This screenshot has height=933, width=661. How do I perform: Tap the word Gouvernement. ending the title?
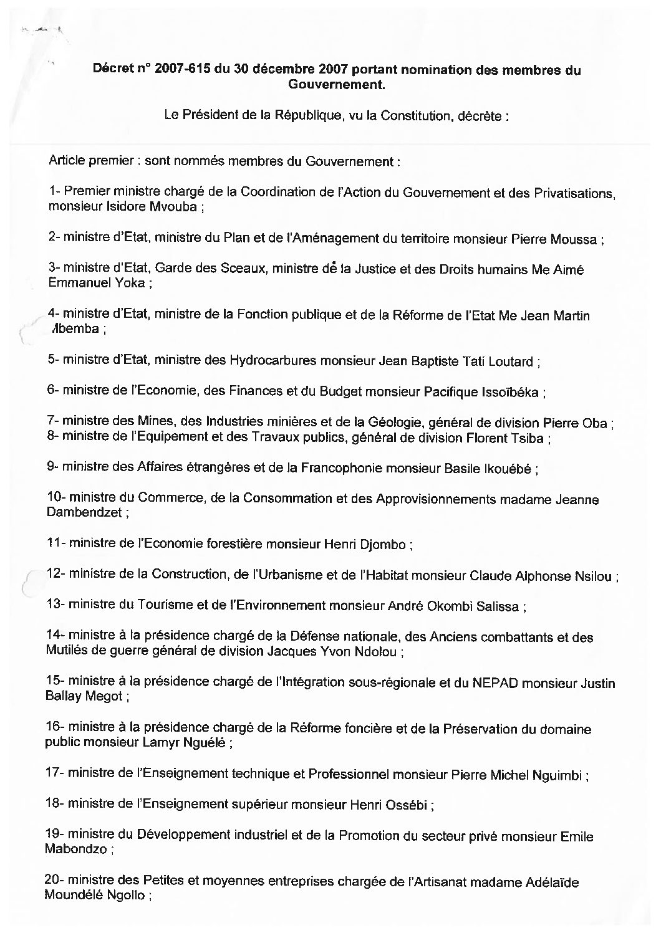337,84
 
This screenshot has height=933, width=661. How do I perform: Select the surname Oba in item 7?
597,423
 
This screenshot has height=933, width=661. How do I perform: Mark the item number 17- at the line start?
55,775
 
